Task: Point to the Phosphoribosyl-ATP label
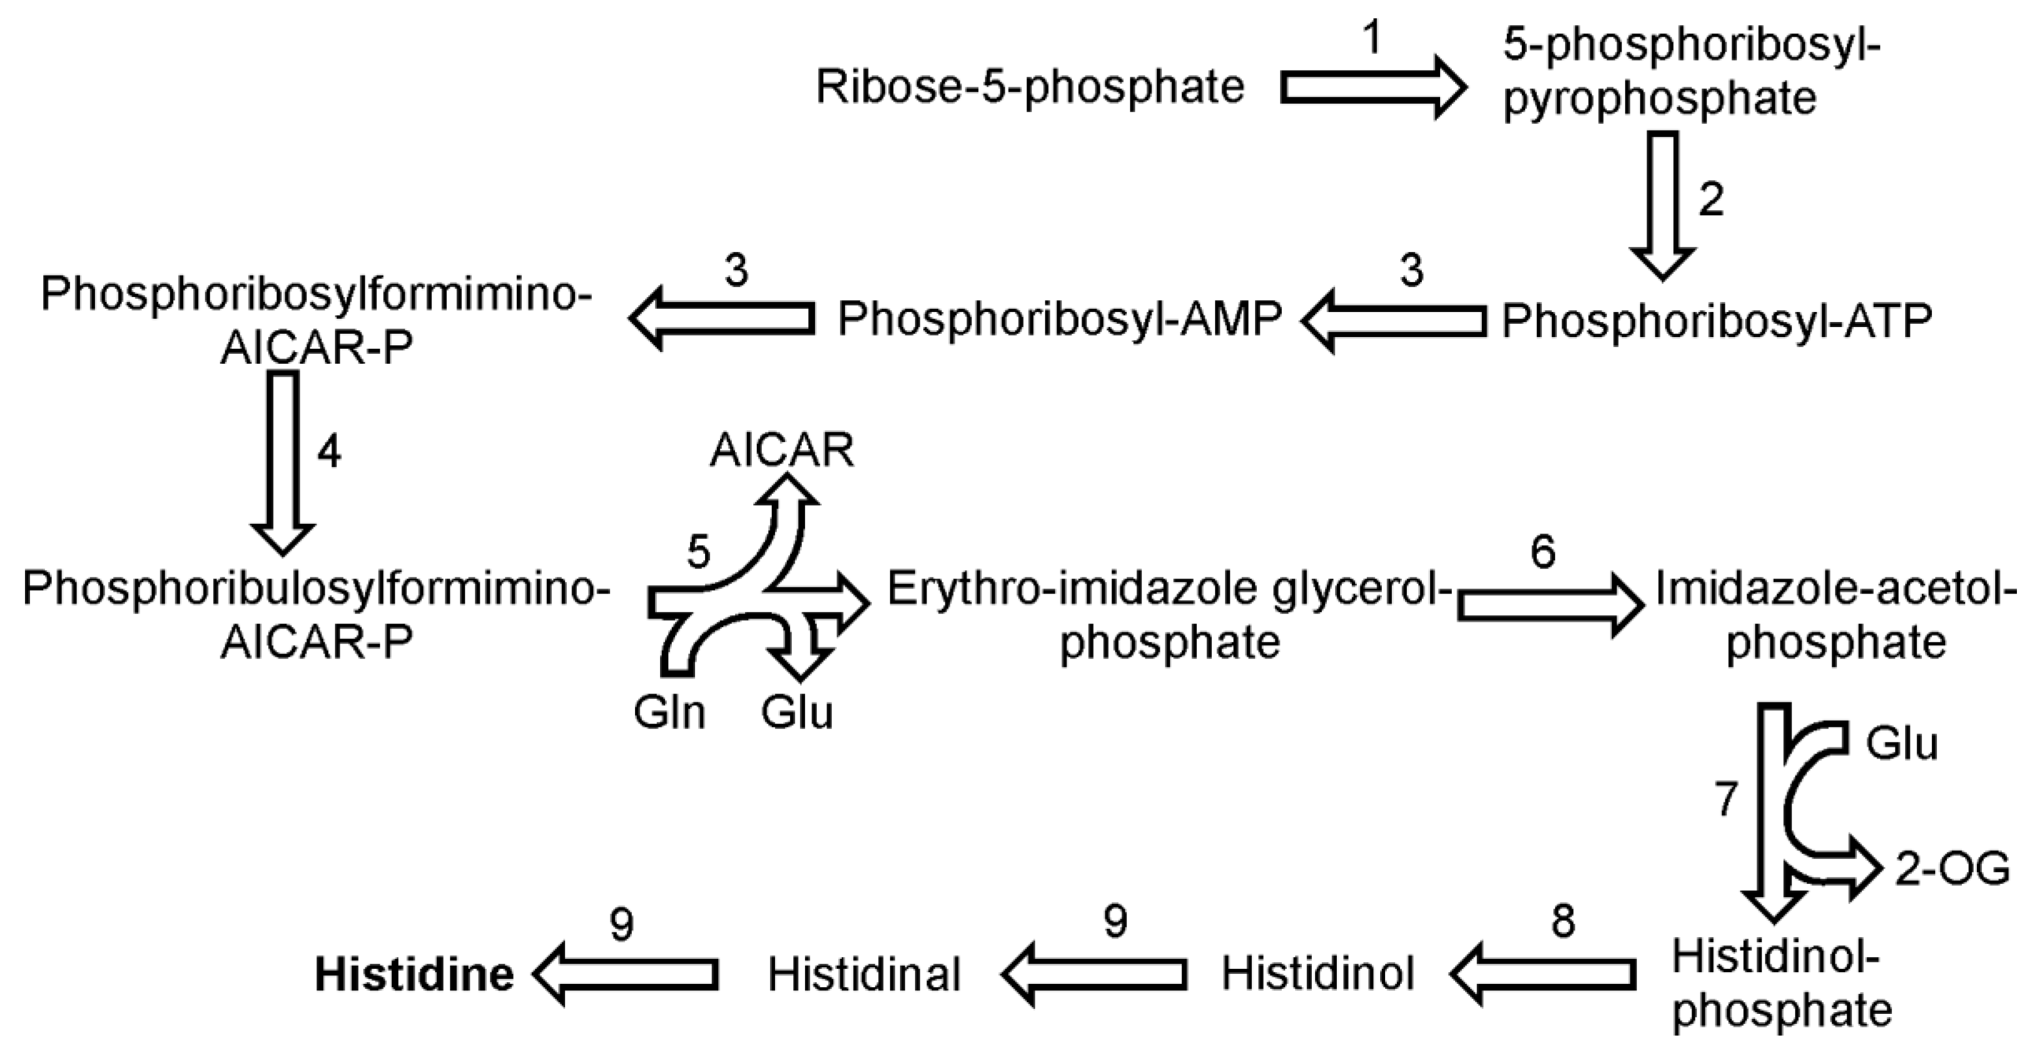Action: (1717, 320)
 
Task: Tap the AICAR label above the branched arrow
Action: (782, 451)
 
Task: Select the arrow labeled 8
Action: (1543, 974)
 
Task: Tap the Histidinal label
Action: (864, 974)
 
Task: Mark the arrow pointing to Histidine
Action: (625, 974)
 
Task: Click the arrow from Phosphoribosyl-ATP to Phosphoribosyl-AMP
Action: (1394, 320)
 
